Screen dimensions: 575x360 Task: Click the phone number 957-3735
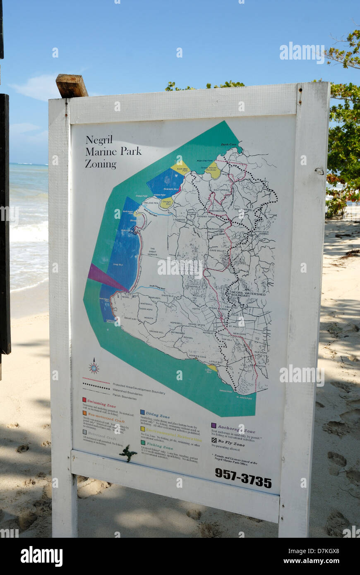pos(243,478)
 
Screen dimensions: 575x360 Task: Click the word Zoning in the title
pos(101,164)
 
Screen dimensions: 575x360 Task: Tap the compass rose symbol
pos(94,367)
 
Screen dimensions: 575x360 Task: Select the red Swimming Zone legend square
pos(84,400)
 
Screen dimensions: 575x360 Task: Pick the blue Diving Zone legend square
pos(142,412)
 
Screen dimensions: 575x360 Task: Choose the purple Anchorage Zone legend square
pos(214,425)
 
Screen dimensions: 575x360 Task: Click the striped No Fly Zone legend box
pos(214,440)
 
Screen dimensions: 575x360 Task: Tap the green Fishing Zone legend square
pos(143,442)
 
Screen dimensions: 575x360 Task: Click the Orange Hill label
pos(157,331)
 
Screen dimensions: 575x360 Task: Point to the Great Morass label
pos(152,252)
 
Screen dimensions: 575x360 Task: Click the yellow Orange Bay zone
pos(167,203)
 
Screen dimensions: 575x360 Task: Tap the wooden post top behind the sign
pos(72,85)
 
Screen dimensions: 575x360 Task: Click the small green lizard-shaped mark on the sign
pos(128,453)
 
